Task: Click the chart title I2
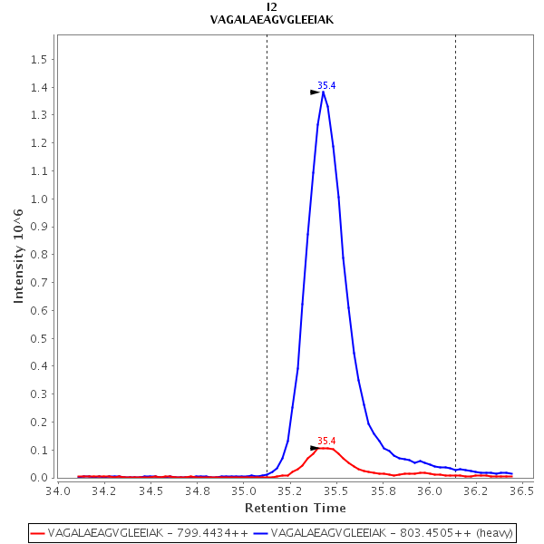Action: pyautogui.click(x=272, y=6)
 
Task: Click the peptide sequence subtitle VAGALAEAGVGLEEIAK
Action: pyautogui.click(x=272, y=19)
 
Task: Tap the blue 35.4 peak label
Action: pyautogui.click(x=326, y=85)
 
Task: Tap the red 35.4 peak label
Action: pyautogui.click(x=326, y=441)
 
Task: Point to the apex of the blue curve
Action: pyautogui.click(x=324, y=92)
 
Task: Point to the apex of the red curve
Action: pyautogui.click(x=324, y=448)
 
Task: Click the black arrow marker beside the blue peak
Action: pyautogui.click(x=315, y=92)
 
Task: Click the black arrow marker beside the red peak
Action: pyautogui.click(x=315, y=448)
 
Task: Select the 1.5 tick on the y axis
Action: pyautogui.click(x=39, y=60)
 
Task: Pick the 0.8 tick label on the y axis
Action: pyautogui.click(x=39, y=255)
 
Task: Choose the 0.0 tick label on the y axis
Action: pyautogui.click(x=39, y=478)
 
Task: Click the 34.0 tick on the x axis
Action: pyautogui.click(x=58, y=491)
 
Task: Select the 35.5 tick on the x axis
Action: pyautogui.click(x=335, y=491)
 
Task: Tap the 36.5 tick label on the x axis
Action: pyautogui.click(x=520, y=491)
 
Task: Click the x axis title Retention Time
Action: pyautogui.click(x=295, y=509)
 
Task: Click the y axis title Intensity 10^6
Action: pyautogui.click(x=18, y=253)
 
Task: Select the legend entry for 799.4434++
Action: pyautogui.click(x=141, y=533)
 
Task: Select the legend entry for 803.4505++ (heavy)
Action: pyautogui.click(x=385, y=533)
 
